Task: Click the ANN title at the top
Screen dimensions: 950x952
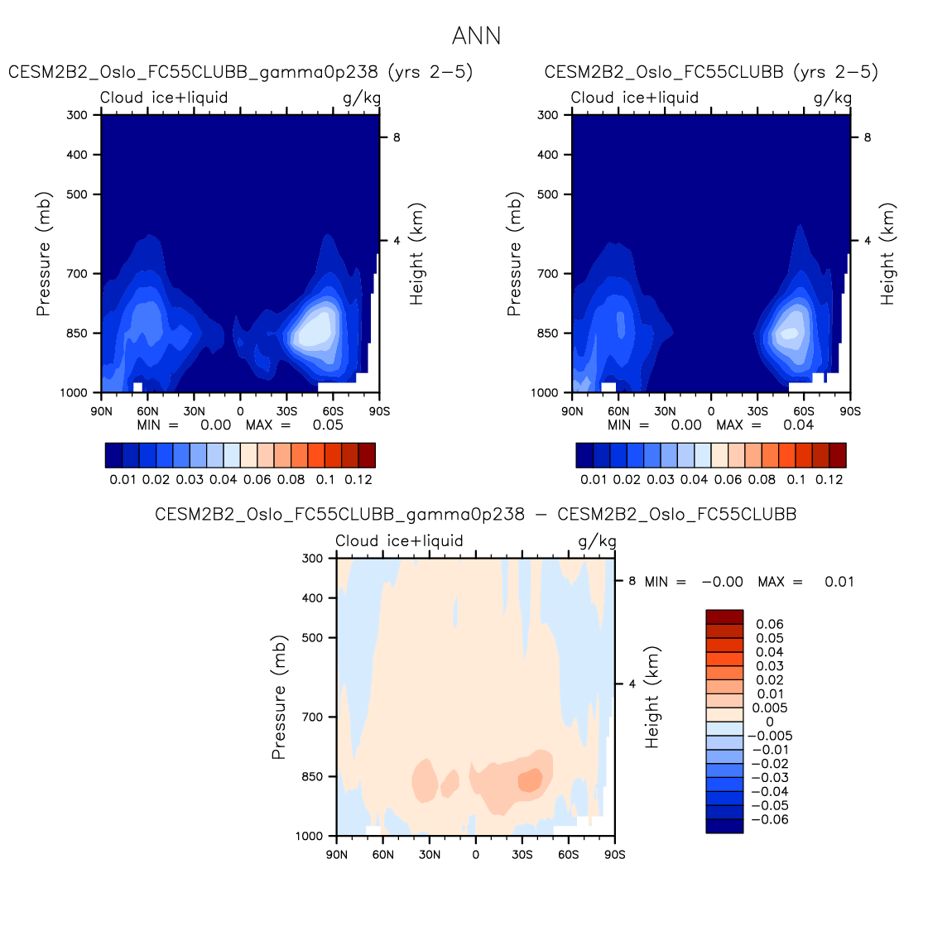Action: click(476, 36)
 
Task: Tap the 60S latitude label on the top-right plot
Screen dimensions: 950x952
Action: click(803, 411)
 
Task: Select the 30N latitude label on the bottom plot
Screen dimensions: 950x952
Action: click(429, 855)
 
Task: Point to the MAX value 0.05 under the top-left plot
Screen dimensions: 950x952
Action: click(328, 425)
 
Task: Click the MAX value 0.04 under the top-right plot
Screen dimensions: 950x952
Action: click(798, 425)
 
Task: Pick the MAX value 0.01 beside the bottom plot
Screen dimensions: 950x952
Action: click(839, 582)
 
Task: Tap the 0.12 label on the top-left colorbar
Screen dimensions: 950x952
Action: click(358, 479)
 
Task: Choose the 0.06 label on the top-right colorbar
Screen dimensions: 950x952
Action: click(728, 479)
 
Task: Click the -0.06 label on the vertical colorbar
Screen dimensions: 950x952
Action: click(770, 819)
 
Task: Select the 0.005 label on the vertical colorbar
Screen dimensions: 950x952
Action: click(769, 708)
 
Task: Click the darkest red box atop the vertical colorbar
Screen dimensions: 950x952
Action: click(724, 617)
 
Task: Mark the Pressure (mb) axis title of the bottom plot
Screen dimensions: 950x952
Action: click(278, 697)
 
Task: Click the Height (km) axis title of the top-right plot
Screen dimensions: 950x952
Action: click(887, 253)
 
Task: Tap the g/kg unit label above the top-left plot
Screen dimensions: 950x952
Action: click(362, 98)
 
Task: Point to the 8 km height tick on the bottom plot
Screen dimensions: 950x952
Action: click(632, 581)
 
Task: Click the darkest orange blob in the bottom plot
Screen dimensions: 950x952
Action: click(530, 780)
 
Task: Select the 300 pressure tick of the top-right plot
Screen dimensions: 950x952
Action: click(548, 115)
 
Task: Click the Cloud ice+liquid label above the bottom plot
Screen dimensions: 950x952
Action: click(399, 541)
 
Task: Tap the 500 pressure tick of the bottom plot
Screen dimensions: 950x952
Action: click(312, 638)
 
